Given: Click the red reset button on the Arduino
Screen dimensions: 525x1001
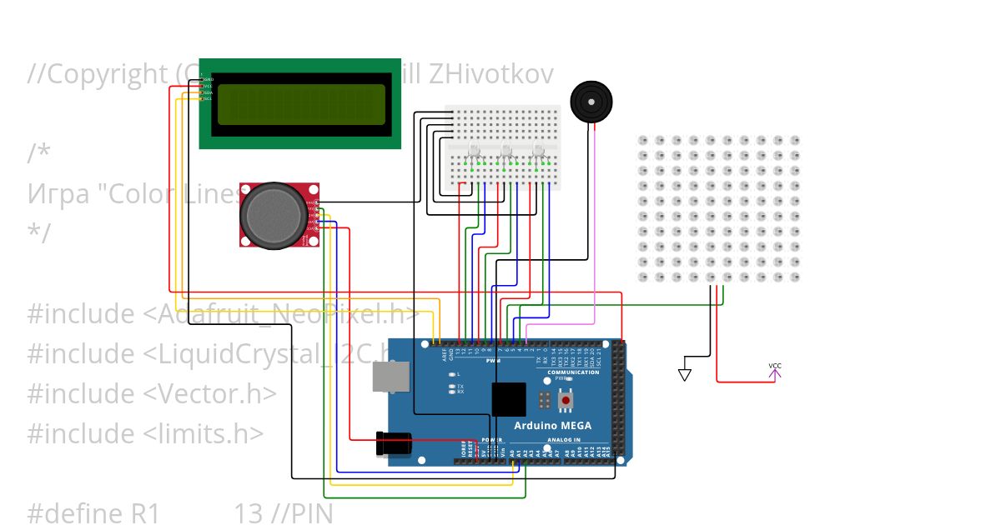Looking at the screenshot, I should point(566,401).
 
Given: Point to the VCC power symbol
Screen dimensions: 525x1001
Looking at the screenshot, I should point(775,371).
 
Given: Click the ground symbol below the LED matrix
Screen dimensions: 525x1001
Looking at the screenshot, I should point(685,374).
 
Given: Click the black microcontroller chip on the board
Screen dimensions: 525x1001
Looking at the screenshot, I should point(509,399).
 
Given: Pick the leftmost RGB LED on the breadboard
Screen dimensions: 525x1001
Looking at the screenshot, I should point(474,152).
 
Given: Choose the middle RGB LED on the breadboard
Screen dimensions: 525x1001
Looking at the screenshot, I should point(506,152).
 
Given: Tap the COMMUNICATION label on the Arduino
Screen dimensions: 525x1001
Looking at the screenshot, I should point(573,372).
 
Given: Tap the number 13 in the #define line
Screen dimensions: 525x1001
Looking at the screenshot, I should point(248,513).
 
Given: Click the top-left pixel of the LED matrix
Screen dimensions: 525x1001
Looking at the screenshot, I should point(642,140).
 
